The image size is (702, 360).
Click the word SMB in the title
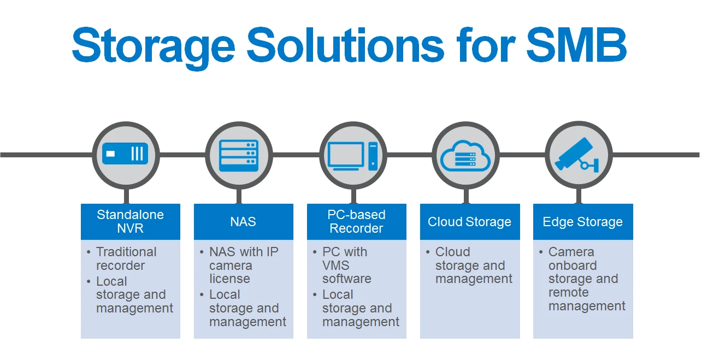coord(576,45)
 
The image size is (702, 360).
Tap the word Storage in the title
coord(154,48)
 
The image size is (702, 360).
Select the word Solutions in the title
coord(345,45)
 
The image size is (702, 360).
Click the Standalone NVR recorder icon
coord(125,154)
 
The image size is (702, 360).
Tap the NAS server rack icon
coord(239,155)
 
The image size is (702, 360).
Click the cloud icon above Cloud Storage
coord(465,156)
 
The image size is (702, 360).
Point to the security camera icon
coord(577,155)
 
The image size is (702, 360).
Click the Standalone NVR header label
coord(130,221)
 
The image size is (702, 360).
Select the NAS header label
coord(243,222)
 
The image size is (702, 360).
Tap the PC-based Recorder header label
coord(356,221)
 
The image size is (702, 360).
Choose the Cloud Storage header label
coord(469,222)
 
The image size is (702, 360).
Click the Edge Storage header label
coord(582,222)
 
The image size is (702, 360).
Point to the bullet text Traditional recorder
coord(126,258)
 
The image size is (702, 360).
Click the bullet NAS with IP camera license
coord(244,265)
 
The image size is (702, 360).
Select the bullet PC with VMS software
coord(346,265)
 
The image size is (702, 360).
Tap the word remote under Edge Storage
coord(569,292)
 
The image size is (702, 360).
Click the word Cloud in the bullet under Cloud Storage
coord(452,252)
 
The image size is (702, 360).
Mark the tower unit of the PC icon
coord(373,156)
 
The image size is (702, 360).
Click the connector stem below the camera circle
coord(579,196)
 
